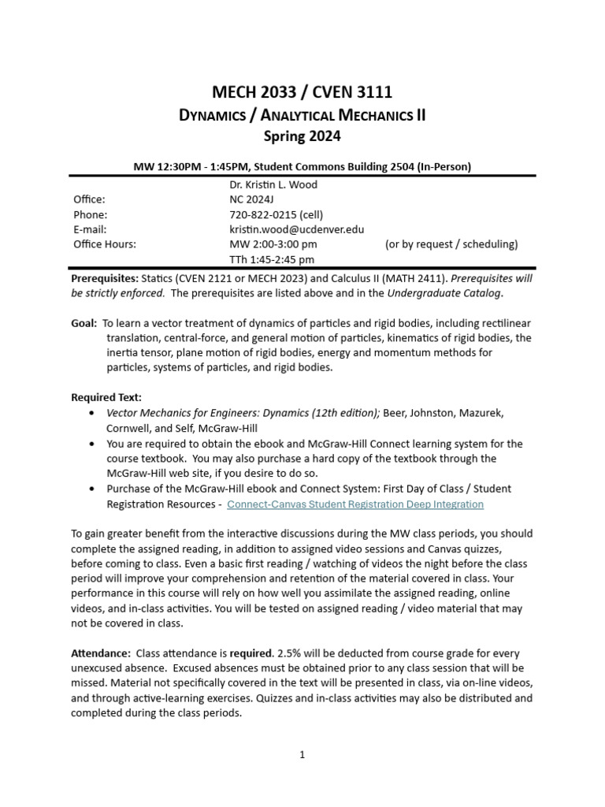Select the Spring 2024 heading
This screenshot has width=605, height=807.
click(x=302, y=136)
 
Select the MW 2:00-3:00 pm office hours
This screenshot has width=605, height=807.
click(x=273, y=244)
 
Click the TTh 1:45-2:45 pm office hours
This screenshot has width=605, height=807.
click(x=272, y=259)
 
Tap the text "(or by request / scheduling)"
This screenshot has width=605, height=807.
click(x=451, y=244)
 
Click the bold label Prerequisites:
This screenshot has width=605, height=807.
click(x=106, y=279)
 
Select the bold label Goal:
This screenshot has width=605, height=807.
click(x=84, y=323)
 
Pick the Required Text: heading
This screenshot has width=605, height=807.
click(x=106, y=397)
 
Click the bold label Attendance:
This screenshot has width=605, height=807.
click(x=101, y=654)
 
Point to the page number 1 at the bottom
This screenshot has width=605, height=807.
click(x=302, y=754)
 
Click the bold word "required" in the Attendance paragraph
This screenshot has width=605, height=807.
click(x=251, y=654)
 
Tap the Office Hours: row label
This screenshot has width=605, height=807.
click(x=105, y=244)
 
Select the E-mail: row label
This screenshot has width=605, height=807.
click(x=91, y=229)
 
